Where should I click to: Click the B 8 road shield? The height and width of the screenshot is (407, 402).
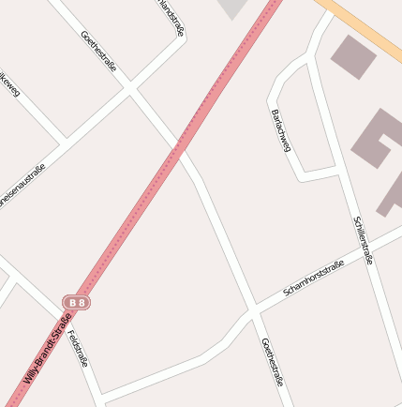(x=77, y=302)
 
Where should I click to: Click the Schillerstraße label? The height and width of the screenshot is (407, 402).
(x=363, y=240)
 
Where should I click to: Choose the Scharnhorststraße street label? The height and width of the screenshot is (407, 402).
(x=314, y=278)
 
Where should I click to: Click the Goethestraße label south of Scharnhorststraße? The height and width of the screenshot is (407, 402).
(x=272, y=362)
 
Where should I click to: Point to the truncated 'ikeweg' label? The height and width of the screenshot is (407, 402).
(x=9, y=84)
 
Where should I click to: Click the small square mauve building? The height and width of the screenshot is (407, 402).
(x=353, y=57)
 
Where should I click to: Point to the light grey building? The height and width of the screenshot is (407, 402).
(x=234, y=8)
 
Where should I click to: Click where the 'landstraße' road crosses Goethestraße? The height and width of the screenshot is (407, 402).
(x=130, y=91)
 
